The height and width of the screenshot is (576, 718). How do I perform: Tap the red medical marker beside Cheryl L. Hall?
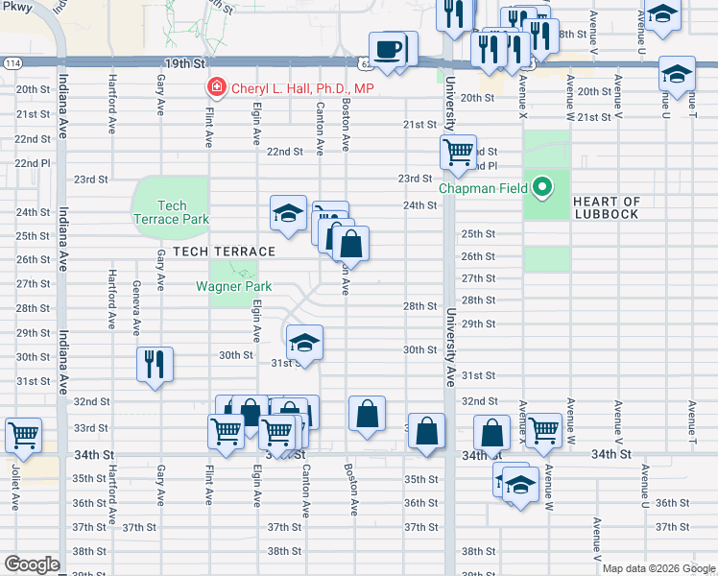click(x=218, y=88)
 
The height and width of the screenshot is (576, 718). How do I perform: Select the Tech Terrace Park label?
click(x=170, y=212)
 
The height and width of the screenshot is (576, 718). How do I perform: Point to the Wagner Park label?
click(x=233, y=286)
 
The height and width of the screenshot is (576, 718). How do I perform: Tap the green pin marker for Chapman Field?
click(x=541, y=187)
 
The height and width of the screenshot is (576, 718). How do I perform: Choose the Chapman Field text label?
click(x=484, y=188)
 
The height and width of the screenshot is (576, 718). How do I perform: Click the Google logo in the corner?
click(x=32, y=564)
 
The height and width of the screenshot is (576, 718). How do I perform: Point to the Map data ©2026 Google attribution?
click(x=658, y=568)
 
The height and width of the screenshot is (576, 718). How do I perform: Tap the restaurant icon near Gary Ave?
click(x=154, y=364)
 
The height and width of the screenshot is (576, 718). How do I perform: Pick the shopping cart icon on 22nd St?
click(x=458, y=151)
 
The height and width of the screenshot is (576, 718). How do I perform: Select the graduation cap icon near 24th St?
click(x=287, y=213)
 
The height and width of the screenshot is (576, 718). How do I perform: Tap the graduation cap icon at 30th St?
click(x=303, y=342)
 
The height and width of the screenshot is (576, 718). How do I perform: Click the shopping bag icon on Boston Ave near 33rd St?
click(x=367, y=414)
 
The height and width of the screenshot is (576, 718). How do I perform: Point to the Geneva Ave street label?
click(x=136, y=305)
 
